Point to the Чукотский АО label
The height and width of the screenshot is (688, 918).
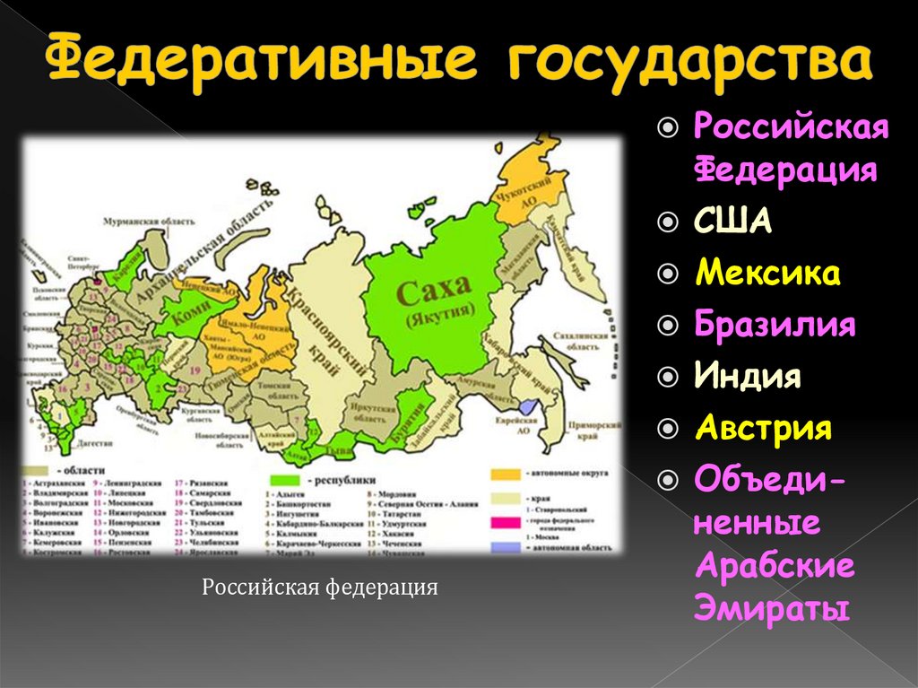click(x=521, y=196)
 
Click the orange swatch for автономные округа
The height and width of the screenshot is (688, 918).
click(x=507, y=472)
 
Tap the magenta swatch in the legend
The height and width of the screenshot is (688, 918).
click(x=507, y=519)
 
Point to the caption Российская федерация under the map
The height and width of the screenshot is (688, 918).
click(x=319, y=588)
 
